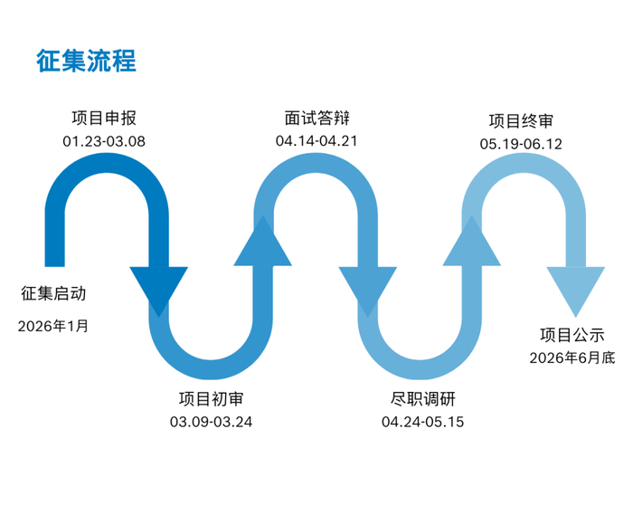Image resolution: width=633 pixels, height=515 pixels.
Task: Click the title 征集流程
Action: coord(86,61)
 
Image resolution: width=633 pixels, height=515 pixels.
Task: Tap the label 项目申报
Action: coord(104,119)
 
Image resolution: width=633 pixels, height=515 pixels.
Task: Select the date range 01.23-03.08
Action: coord(104,141)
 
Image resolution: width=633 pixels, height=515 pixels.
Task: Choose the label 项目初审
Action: coord(211,398)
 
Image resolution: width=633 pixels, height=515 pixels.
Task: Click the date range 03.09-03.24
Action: coord(211,422)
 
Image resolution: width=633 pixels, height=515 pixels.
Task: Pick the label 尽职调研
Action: coord(422,398)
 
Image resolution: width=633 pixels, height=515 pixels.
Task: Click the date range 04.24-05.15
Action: coord(422,422)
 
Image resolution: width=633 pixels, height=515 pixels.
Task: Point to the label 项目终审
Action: coord(522,120)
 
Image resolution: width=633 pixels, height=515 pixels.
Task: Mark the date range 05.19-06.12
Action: coord(522,144)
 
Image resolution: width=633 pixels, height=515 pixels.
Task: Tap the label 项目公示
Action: coord(572,335)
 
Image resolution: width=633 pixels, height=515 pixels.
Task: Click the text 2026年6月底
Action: coord(572,358)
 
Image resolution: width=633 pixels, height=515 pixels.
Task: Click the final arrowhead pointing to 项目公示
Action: coord(576,288)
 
